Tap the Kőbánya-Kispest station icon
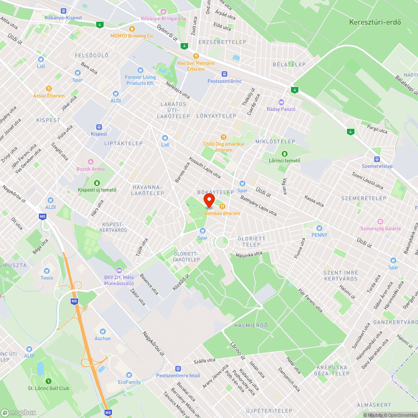coord(64,11)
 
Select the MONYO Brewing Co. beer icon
coord(132,29)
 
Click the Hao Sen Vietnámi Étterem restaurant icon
coord(195,56)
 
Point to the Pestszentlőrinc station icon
coord(224,74)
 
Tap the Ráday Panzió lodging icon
coord(281,102)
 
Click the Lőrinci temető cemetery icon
coord(285,153)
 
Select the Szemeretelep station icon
coord(377,159)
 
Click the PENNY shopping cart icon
coord(319,228)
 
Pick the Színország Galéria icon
coord(380,222)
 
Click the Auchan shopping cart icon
coord(102,331)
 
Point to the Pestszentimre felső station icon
coord(178,368)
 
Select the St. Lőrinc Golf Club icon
coord(48,381)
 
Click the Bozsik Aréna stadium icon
coord(90,162)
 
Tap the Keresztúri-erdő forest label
coord(375,22)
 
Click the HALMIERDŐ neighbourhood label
coord(251,325)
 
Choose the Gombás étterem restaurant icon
coord(222,206)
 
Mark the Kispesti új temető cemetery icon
coord(97,183)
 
